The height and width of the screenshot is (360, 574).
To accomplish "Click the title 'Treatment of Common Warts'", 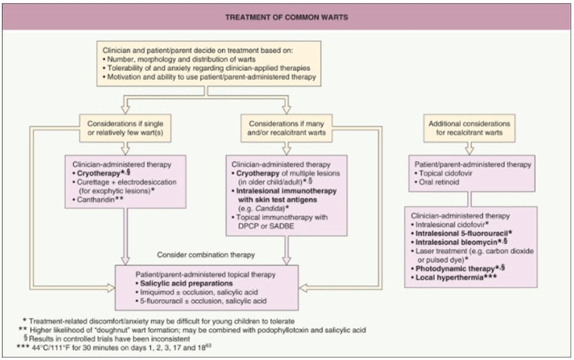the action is (287, 17).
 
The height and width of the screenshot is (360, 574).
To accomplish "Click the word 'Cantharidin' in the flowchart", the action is (95, 199).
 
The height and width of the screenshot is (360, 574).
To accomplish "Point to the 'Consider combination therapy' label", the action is (205, 255).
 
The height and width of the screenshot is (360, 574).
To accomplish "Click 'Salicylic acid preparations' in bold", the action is (186, 284).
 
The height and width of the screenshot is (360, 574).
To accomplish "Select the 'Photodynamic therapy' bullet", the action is (455, 268).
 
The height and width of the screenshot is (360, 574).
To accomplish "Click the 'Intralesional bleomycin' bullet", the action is (456, 242).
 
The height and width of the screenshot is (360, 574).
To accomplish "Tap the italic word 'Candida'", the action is (269, 209).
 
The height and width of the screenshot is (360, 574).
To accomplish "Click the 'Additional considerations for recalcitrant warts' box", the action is (469, 128).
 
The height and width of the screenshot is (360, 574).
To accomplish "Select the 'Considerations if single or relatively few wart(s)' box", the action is (125, 128).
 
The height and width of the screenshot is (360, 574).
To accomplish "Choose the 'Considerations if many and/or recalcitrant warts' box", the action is (286, 128).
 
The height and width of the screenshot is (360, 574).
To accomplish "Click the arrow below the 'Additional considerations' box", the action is (469, 148).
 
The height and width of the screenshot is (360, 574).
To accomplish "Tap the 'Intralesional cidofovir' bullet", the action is (450, 225).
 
